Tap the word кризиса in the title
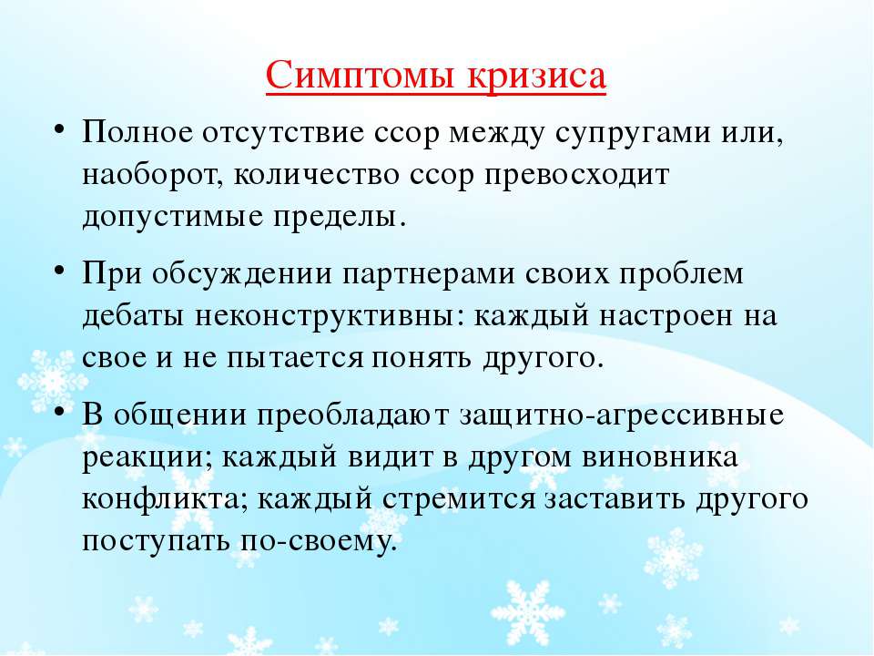click(x=536, y=76)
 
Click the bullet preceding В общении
click(x=59, y=412)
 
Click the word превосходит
click(x=576, y=176)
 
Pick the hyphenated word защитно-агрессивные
click(x=622, y=416)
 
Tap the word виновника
click(x=661, y=457)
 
